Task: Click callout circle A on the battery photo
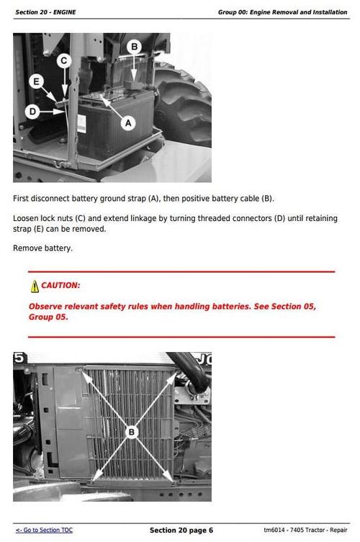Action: [129, 123]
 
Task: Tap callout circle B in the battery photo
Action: [133, 47]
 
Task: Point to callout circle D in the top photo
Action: [32, 111]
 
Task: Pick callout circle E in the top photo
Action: [37, 81]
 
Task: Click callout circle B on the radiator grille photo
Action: [132, 432]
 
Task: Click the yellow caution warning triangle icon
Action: [35, 286]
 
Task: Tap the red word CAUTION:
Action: [60, 286]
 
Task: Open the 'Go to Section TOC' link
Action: [44, 530]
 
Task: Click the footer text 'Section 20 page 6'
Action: [181, 530]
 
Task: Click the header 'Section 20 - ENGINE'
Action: [45, 12]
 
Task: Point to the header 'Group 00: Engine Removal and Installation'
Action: [282, 12]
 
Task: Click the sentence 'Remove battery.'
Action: [43, 248]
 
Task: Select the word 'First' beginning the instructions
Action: [22, 199]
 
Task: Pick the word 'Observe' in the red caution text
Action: [47, 307]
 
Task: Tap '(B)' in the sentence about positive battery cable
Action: [267, 199]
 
